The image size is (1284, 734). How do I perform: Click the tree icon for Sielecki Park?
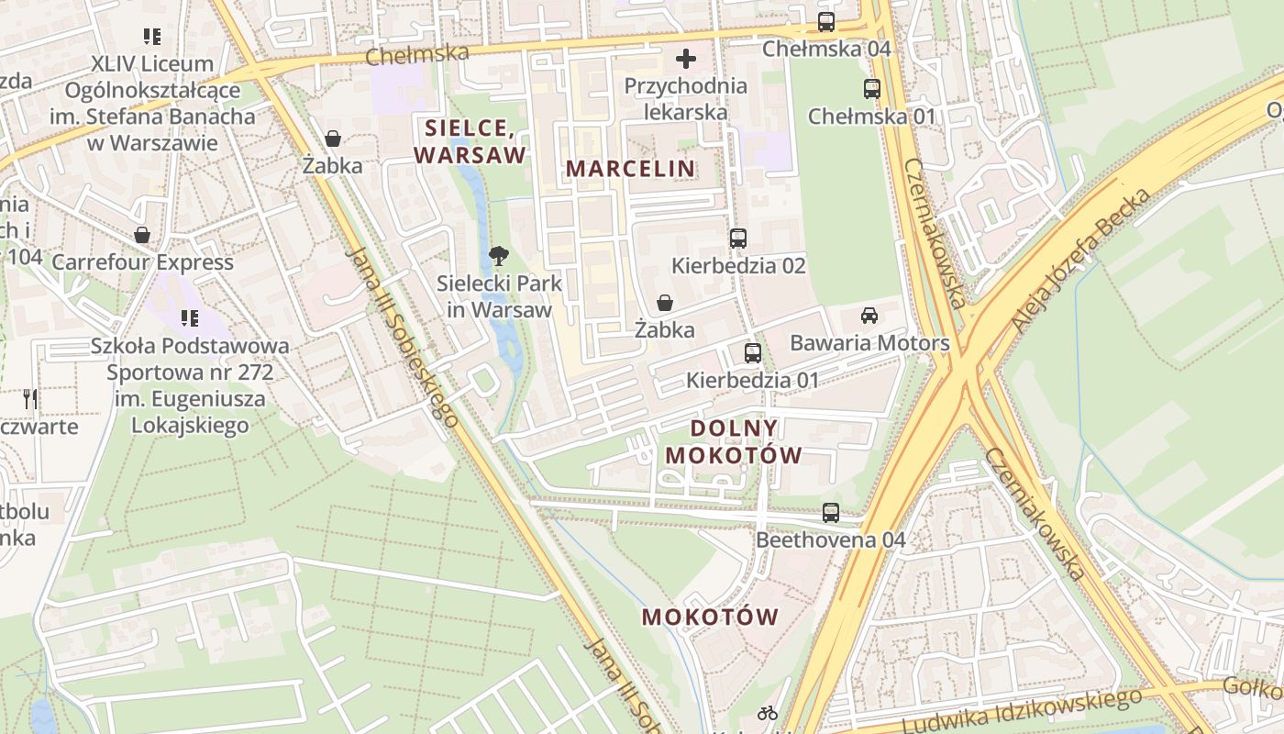tap(499, 256)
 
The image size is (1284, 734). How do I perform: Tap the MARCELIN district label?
tap(630, 169)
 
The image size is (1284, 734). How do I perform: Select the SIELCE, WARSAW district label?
tap(470, 141)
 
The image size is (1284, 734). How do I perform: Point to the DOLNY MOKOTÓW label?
tap(734, 441)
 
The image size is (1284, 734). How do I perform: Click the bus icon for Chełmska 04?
tap(826, 22)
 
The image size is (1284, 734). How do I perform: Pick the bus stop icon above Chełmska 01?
tap(871, 89)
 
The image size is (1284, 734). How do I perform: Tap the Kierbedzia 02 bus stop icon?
tap(738, 239)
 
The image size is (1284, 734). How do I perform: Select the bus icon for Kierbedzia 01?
tap(752, 352)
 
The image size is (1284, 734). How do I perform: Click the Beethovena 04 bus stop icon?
tap(831, 513)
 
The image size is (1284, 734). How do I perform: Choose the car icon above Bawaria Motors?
tap(869, 316)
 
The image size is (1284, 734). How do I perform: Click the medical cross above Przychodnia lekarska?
tap(685, 60)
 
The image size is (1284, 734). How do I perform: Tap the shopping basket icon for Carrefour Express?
tap(142, 235)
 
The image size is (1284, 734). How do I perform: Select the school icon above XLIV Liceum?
tap(152, 37)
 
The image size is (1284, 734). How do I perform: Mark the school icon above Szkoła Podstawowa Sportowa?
tap(190, 318)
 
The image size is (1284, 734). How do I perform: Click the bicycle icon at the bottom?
tap(768, 713)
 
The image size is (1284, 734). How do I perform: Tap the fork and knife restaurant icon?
tap(30, 398)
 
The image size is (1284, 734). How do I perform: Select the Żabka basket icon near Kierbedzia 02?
tap(665, 303)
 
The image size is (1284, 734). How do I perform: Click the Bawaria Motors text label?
tap(869, 343)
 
